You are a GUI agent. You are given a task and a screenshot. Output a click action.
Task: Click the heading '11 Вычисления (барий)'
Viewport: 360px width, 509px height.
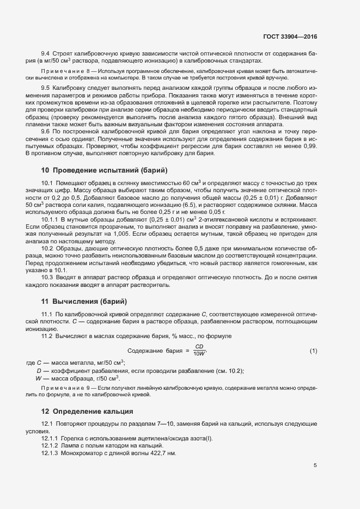tap(84, 301)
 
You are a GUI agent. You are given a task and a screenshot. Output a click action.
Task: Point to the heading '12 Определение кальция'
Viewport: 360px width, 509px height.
tap(87, 410)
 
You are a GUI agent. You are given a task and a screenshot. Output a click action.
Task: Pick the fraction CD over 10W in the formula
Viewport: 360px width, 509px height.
tap(199, 350)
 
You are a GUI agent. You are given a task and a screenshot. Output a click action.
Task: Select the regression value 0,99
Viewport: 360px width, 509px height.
tap(310, 146)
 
